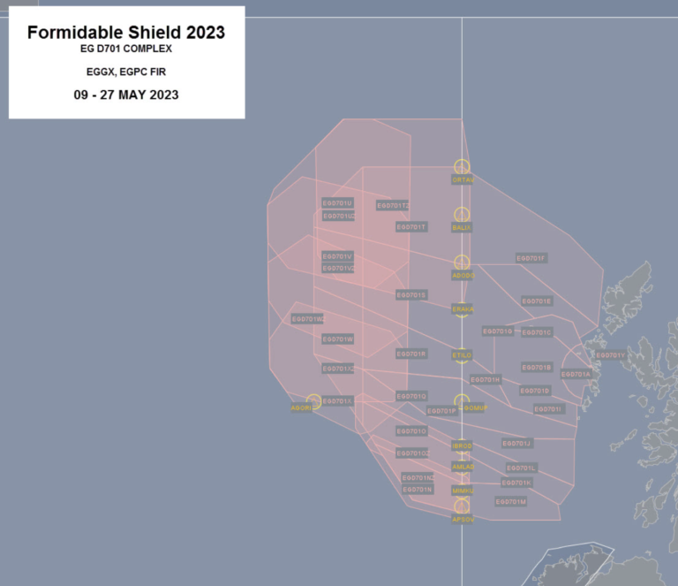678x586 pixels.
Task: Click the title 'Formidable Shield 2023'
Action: pyautogui.click(x=126, y=33)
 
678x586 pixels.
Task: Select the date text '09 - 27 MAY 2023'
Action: pyautogui.click(x=126, y=95)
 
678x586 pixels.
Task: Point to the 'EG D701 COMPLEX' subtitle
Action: pyautogui.click(x=126, y=49)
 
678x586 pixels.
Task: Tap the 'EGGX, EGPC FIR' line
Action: pyautogui.click(x=126, y=71)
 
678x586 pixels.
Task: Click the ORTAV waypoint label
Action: pyautogui.click(x=463, y=179)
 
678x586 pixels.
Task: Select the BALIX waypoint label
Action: pyautogui.click(x=462, y=227)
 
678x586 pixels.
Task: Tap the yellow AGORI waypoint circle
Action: pyautogui.click(x=313, y=401)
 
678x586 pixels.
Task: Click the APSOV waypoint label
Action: pyautogui.click(x=463, y=519)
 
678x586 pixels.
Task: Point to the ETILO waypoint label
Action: pyautogui.click(x=462, y=354)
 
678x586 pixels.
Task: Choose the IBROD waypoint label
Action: pyautogui.click(x=463, y=445)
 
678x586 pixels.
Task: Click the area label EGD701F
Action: pyautogui.click(x=531, y=258)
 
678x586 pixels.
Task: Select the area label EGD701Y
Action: pyautogui.click(x=610, y=355)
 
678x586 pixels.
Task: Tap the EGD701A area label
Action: pyautogui.click(x=576, y=374)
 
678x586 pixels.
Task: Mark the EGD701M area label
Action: pyautogui.click(x=511, y=501)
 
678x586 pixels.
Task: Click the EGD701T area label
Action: pyautogui.click(x=411, y=226)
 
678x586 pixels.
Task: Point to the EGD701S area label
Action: pyautogui.click(x=411, y=294)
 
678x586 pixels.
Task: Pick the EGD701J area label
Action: pyautogui.click(x=516, y=443)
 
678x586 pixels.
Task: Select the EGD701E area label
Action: pyautogui.click(x=537, y=301)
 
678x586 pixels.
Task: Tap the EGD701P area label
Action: pyautogui.click(x=441, y=411)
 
